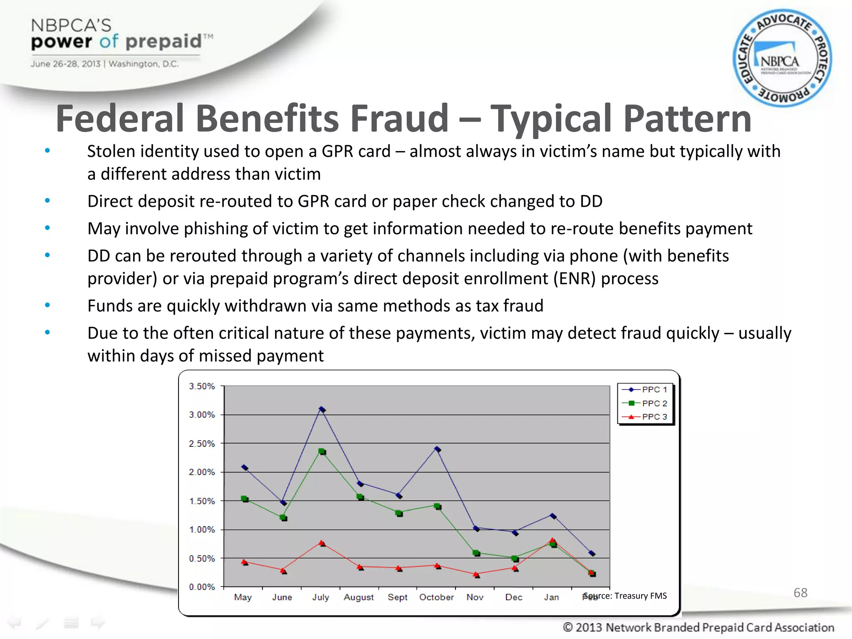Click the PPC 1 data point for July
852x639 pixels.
pyautogui.click(x=322, y=409)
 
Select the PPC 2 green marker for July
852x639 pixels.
pyautogui.click(x=322, y=451)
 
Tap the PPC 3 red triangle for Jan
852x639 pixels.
pyautogui.click(x=552, y=541)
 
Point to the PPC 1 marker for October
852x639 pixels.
pyautogui.click(x=437, y=449)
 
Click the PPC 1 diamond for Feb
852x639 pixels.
pyautogui.click(x=592, y=553)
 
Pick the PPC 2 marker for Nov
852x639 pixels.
pyautogui.click(x=476, y=553)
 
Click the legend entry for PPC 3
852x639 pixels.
pyautogui.click(x=645, y=417)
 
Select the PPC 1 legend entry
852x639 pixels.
pyautogui.click(x=645, y=390)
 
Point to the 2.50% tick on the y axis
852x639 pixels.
pyautogui.click(x=202, y=443)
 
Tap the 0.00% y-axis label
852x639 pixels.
pyautogui.click(x=202, y=587)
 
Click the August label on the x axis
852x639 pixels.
pyautogui.click(x=359, y=597)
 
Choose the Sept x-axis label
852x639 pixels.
pyautogui.click(x=397, y=597)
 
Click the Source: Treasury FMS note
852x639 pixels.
pyautogui.click(x=625, y=596)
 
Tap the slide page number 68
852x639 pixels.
pyautogui.click(x=800, y=592)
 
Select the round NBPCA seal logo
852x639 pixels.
pyautogui.click(x=782, y=58)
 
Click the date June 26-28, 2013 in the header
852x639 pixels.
pyautogui.click(x=65, y=64)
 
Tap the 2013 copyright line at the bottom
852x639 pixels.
pyautogui.click(x=698, y=627)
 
